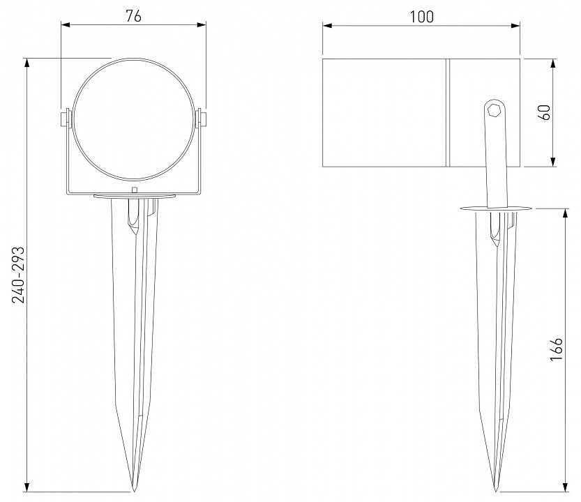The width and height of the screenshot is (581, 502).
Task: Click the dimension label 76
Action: pyautogui.click(x=133, y=17)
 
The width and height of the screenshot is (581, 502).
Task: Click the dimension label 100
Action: pyautogui.click(x=421, y=17)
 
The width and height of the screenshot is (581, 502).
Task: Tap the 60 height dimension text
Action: pyautogui.click(x=545, y=112)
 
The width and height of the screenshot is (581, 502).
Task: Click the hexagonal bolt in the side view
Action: pyautogui.click(x=495, y=109)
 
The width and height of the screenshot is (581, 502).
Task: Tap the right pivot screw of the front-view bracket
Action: pyautogui.click(x=202, y=118)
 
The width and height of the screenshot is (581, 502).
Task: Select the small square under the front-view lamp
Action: pyautogui.click(x=134, y=190)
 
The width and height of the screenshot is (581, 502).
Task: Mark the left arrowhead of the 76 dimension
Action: pyautogui.click(x=64, y=25)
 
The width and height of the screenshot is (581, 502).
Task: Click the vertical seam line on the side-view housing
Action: pyautogui.click(x=447, y=113)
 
